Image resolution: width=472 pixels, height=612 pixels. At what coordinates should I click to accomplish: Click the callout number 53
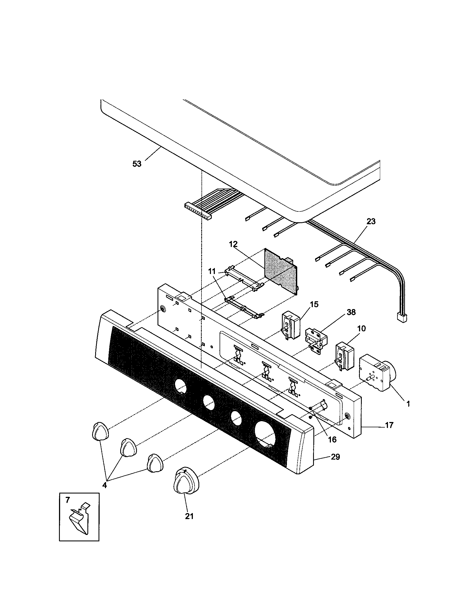(x=137, y=164)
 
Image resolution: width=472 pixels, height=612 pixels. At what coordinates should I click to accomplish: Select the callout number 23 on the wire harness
(x=371, y=221)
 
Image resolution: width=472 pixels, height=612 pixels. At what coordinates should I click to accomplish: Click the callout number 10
(x=362, y=329)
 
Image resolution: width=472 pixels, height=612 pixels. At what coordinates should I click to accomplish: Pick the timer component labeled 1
(x=376, y=373)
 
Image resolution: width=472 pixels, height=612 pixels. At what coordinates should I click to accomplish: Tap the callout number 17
(x=389, y=425)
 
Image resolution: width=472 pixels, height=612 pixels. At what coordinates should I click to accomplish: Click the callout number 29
(x=335, y=457)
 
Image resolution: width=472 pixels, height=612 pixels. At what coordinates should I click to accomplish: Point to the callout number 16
(x=332, y=440)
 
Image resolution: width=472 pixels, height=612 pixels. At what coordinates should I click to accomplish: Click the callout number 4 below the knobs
(x=105, y=485)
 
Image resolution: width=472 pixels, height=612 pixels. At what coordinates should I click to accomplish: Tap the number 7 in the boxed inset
(x=68, y=500)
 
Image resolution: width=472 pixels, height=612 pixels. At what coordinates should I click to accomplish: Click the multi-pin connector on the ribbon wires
(x=198, y=211)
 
